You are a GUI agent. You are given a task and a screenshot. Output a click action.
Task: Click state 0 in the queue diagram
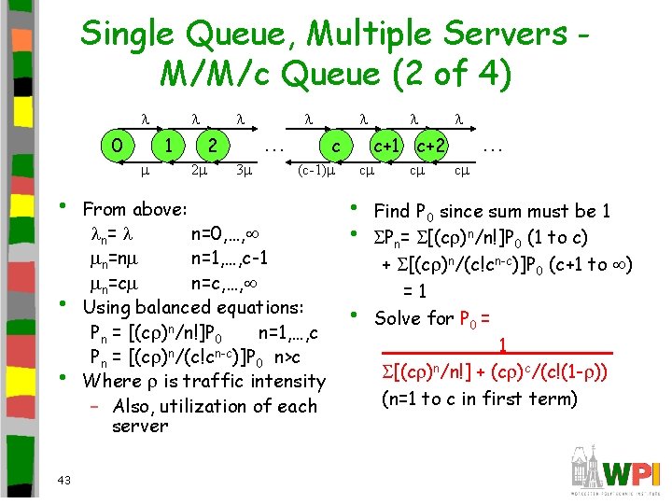(116, 147)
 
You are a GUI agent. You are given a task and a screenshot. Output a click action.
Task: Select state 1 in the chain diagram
(166, 147)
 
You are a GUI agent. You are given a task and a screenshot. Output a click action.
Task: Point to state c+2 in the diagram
(430, 147)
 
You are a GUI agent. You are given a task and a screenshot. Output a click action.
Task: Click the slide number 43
(63, 480)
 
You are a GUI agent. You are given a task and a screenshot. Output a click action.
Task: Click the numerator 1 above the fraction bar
(502, 345)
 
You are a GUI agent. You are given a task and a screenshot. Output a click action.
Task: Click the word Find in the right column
(393, 211)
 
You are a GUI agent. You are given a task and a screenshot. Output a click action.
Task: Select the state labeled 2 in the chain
(213, 147)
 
